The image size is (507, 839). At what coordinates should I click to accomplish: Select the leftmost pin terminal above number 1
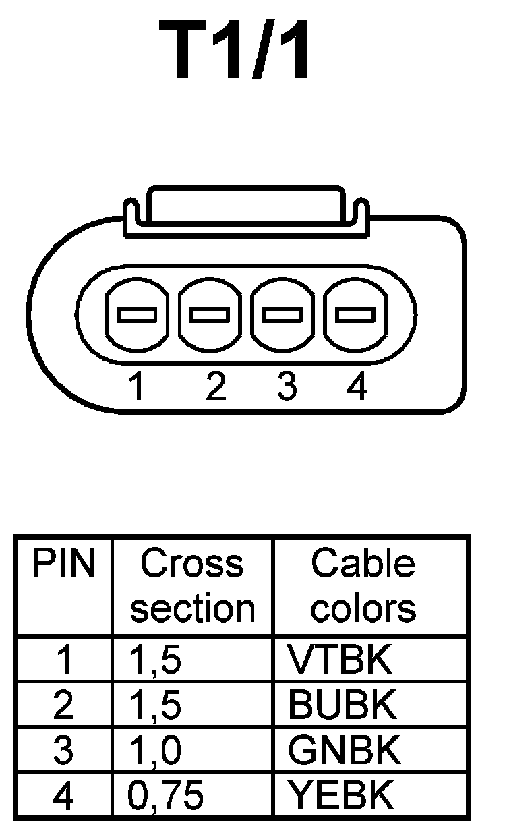(x=137, y=314)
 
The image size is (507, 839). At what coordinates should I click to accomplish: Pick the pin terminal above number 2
(x=210, y=314)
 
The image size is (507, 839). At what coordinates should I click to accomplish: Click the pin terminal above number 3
(x=282, y=314)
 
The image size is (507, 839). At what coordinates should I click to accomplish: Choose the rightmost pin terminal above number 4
(x=355, y=314)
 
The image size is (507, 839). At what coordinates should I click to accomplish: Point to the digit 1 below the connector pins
(x=137, y=388)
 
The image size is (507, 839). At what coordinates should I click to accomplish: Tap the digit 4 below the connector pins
(x=357, y=388)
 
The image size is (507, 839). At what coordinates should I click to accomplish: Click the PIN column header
(x=63, y=564)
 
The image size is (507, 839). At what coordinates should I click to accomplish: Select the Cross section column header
(x=193, y=585)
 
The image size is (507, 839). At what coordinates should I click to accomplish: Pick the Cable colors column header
(x=363, y=585)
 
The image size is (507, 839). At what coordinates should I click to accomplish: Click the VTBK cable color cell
(x=339, y=660)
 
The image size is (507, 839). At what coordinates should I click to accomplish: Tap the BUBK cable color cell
(x=342, y=705)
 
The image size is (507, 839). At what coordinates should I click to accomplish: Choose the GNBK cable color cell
(x=343, y=750)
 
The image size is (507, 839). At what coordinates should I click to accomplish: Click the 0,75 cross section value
(x=166, y=796)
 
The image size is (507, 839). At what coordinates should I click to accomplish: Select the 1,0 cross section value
(x=155, y=750)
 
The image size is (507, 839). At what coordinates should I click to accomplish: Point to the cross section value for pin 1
(x=155, y=660)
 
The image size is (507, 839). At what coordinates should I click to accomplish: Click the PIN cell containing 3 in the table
(x=63, y=750)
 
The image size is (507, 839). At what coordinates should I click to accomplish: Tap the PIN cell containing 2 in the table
(x=63, y=705)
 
